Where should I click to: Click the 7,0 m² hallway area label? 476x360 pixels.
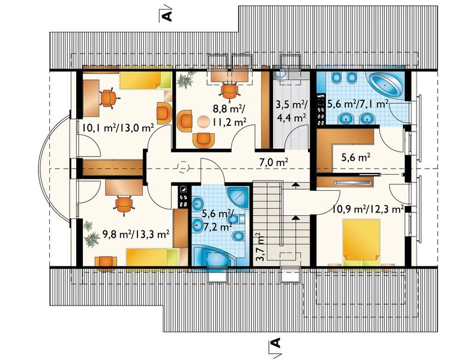pyautogui.click(x=274, y=163)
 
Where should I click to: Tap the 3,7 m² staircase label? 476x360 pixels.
pyautogui.click(x=260, y=247)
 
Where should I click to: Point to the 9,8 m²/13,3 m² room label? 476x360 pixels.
pyautogui.click(x=136, y=234)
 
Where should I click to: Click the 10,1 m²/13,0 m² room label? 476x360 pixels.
pyautogui.click(x=118, y=127)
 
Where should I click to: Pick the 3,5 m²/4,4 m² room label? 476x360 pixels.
pyautogui.click(x=291, y=111)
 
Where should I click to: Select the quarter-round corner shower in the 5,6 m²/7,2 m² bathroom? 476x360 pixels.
pyautogui.click(x=239, y=197)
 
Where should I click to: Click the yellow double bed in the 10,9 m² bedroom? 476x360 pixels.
pyautogui.click(x=361, y=242)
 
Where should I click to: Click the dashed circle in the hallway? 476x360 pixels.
pyautogui.click(x=183, y=167)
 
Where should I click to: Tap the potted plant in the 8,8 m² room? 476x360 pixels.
pyautogui.click(x=185, y=80)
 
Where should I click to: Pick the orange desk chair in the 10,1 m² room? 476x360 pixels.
pyautogui.click(x=108, y=97)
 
